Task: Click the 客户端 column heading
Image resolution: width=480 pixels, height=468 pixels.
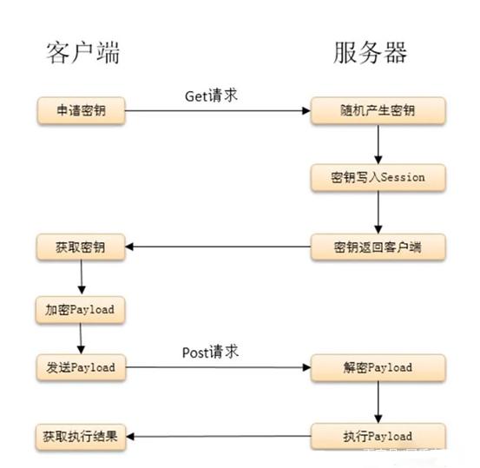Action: pos(82,53)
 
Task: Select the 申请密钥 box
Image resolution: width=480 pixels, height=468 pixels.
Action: pos(81,110)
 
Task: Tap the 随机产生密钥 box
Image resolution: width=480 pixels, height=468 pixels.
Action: pos(378,110)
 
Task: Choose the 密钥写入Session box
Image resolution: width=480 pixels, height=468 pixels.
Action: pos(378,177)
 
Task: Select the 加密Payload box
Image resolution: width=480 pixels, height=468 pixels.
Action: pos(81,308)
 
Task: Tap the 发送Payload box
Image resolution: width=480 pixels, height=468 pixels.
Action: pos(81,367)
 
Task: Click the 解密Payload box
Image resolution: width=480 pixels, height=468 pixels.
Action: pos(378,367)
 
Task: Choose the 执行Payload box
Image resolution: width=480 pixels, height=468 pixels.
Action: pos(378,435)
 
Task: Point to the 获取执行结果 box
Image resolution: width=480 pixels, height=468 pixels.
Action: pos(81,435)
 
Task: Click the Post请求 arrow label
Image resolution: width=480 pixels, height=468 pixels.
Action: pos(210,352)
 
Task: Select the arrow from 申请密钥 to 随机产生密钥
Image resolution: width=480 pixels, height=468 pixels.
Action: pos(218,111)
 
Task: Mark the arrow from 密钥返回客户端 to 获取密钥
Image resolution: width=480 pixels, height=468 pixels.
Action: pos(218,247)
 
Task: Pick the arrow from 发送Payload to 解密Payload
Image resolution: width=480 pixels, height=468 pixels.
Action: pos(218,368)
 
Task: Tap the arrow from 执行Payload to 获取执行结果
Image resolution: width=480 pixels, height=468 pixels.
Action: pos(218,436)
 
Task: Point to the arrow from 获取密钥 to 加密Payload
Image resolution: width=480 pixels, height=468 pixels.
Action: pos(81,277)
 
